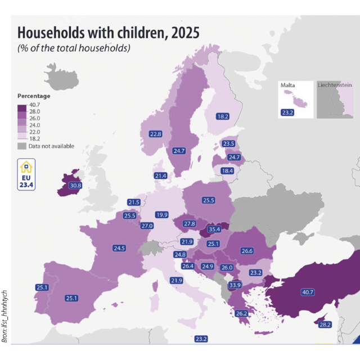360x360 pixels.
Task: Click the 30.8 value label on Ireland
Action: pos(75,186)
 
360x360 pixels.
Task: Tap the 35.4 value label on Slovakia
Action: pos(214,229)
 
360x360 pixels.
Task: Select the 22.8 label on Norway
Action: pos(156,134)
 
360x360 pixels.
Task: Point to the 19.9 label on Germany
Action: pos(162,215)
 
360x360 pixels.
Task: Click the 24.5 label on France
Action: pos(119,248)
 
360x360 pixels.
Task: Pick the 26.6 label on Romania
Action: pos(247,251)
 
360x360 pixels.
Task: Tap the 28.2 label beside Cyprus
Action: pos(325,325)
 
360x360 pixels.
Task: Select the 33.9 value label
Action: pos(235,285)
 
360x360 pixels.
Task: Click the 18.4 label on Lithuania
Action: pos(227,171)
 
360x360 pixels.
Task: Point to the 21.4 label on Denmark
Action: pos(160,176)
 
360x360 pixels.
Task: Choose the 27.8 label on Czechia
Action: pos(190,224)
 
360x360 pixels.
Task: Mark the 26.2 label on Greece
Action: pos(241,313)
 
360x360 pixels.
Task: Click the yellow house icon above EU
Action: pos(26,167)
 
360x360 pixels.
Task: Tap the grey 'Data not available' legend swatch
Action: pos(22,146)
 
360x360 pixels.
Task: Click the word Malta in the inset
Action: pos(287,85)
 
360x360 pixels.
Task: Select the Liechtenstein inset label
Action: pos(335,85)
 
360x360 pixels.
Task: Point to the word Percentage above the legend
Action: pos(34,96)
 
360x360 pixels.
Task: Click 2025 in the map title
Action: pos(185,33)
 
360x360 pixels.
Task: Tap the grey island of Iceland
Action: pos(61,77)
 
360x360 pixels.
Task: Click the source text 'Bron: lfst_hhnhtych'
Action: pos(4,316)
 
